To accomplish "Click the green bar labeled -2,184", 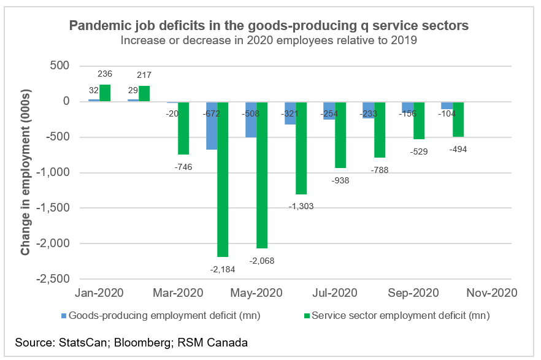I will [x=223, y=179].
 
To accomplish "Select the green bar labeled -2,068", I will [x=262, y=175].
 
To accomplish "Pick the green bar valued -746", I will [x=183, y=128].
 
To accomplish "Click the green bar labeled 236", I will [x=105, y=93].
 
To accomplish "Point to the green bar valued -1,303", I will [x=301, y=148].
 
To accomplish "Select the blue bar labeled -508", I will [x=251, y=120].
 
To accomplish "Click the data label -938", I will [x=340, y=180].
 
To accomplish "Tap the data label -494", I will [x=457, y=148].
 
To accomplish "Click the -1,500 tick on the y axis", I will [x=53, y=208].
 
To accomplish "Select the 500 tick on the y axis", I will [x=59, y=66].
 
